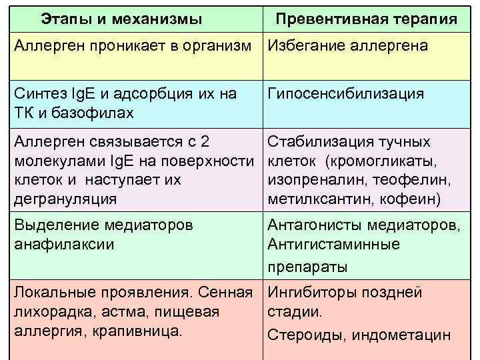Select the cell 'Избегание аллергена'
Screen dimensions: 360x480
click(x=347, y=46)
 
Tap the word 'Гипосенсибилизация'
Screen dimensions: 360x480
click(x=345, y=94)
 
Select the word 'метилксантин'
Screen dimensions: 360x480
click(x=311, y=199)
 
